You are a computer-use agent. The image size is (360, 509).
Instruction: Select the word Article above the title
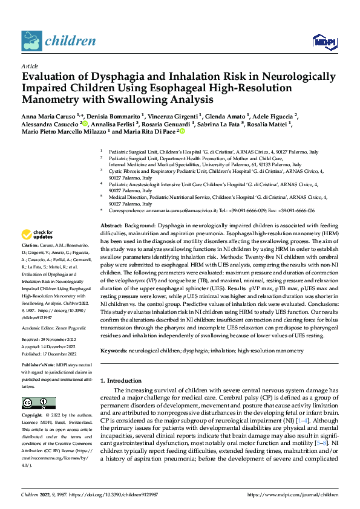[x=30, y=66]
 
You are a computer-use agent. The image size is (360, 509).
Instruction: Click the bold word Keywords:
[x=115, y=351]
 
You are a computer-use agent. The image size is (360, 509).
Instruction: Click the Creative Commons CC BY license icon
[x=38, y=403]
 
